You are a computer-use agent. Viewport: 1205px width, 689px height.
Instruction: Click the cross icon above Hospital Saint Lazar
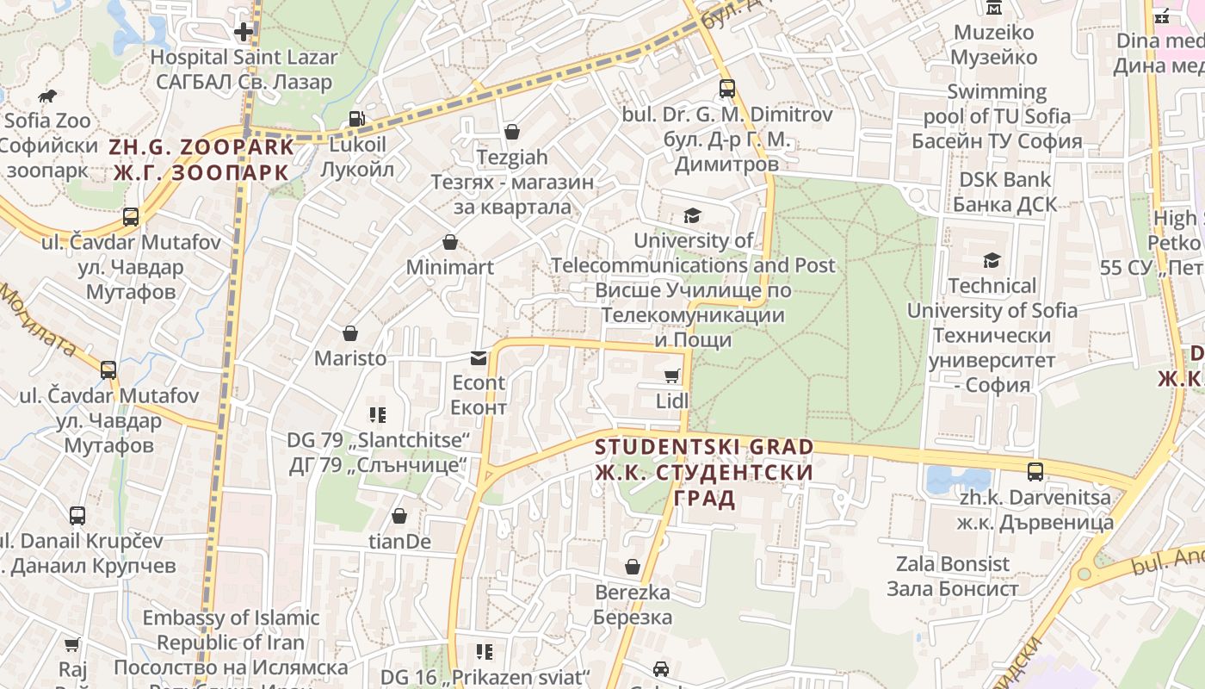coord(244,32)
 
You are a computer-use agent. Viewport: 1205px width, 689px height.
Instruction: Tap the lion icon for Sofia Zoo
coord(47,96)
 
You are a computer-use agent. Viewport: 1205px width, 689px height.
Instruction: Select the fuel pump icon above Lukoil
coord(357,119)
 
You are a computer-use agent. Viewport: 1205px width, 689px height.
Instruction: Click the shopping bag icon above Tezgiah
coord(512,132)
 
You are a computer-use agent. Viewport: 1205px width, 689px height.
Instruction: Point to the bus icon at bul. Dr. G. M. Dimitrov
coord(727,89)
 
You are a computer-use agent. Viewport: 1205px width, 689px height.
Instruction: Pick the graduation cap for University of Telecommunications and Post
coord(692,215)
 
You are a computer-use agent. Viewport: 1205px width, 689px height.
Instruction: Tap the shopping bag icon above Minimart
coord(449,243)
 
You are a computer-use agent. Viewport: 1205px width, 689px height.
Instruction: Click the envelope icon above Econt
coord(479,358)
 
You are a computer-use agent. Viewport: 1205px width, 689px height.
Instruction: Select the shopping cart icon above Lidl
coord(672,376)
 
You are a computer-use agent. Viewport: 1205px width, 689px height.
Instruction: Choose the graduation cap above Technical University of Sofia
coord(992,260)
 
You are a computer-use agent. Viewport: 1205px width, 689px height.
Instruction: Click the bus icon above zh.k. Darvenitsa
coord(1035,472)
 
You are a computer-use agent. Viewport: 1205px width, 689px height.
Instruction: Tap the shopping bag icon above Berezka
coord(633,567)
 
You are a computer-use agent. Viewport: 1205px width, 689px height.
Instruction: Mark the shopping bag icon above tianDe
coord(399,516)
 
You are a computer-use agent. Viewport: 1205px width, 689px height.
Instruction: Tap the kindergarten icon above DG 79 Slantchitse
coord(378,415)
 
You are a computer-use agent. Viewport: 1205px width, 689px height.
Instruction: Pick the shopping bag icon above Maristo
coord(350,333)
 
